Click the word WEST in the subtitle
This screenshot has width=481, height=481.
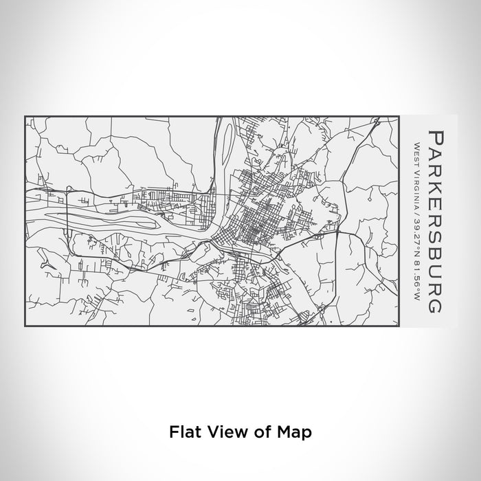point(416,150)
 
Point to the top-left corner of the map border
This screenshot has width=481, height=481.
point(25,116)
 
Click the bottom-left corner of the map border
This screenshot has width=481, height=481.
point(25,326)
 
